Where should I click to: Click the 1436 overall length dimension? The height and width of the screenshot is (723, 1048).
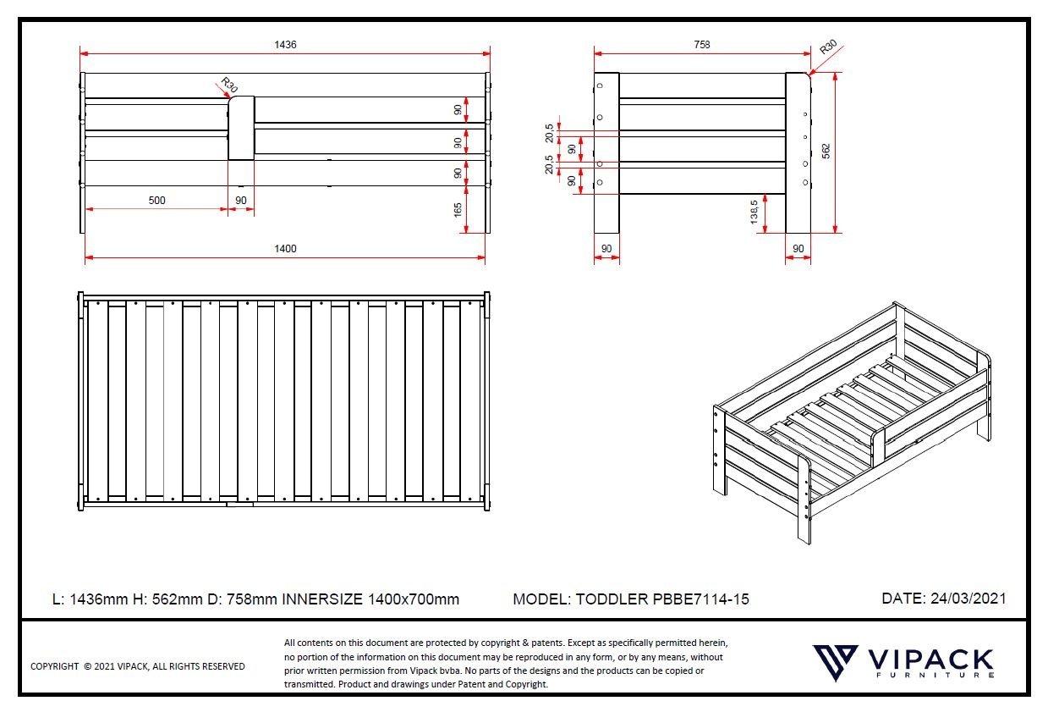pos(285,45)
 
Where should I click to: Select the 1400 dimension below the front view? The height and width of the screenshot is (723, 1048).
pos(285,249)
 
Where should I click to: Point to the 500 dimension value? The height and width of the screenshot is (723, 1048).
pos(156,201)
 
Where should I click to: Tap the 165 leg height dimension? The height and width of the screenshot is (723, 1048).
pos(458,210)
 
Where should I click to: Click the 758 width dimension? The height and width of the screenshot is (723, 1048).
pos(702,45)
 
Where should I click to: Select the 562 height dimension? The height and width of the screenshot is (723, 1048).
pos(826,151)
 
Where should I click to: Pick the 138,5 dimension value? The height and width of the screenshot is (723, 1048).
pos(754,212)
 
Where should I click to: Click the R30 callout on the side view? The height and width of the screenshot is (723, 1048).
pos(829,47)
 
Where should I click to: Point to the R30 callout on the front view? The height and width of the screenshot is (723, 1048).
pos(229,85)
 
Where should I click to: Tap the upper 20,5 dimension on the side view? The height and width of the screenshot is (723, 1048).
pos(549,133)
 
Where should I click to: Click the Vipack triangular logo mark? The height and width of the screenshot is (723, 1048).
pos(835,662)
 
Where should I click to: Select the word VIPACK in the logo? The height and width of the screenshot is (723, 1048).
pos(930,660)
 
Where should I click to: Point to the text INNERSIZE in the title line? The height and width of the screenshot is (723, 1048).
pos(322,599)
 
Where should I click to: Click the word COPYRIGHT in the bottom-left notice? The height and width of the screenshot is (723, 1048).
pos(54,666)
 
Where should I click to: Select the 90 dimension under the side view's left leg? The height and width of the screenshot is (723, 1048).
pos(606,249)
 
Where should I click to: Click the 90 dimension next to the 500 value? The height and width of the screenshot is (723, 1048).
pos(240,201)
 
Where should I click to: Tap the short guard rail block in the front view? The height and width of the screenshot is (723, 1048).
pos(241,128)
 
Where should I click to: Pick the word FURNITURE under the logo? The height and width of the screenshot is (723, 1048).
pos(936,675)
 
